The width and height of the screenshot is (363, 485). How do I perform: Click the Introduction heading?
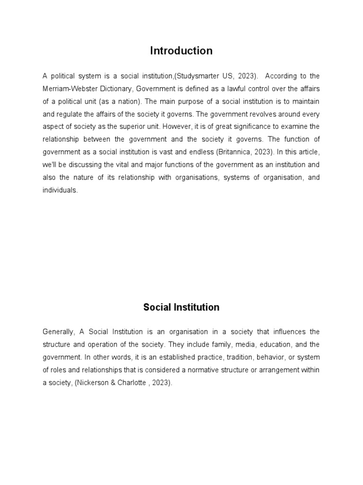[181, 51]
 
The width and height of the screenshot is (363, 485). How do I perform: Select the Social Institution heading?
[181, 307]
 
